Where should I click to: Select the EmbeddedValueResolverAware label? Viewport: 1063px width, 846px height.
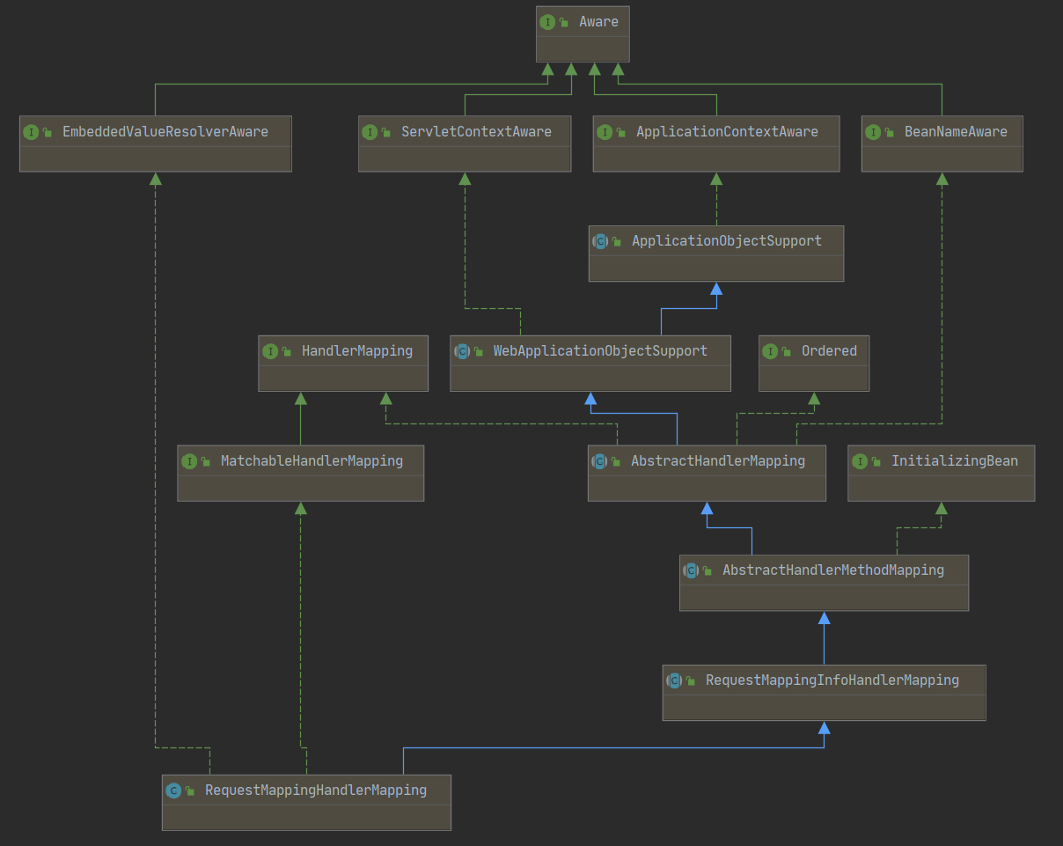coord(165,132)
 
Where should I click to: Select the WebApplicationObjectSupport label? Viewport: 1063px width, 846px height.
coord(600,351)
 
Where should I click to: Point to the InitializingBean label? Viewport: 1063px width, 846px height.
coord(954,461)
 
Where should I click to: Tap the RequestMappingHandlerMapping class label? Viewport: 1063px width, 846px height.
coord(315,791)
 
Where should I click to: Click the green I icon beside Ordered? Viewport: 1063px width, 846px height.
coord(771,351)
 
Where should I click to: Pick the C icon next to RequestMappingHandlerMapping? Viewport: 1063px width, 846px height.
coord(173,791)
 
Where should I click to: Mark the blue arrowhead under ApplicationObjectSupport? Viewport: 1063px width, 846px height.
coord(716,289)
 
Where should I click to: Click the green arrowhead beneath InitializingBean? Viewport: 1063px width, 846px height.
coord(942,508)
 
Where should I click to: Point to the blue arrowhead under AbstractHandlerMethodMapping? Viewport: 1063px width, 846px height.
coord(824,618)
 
